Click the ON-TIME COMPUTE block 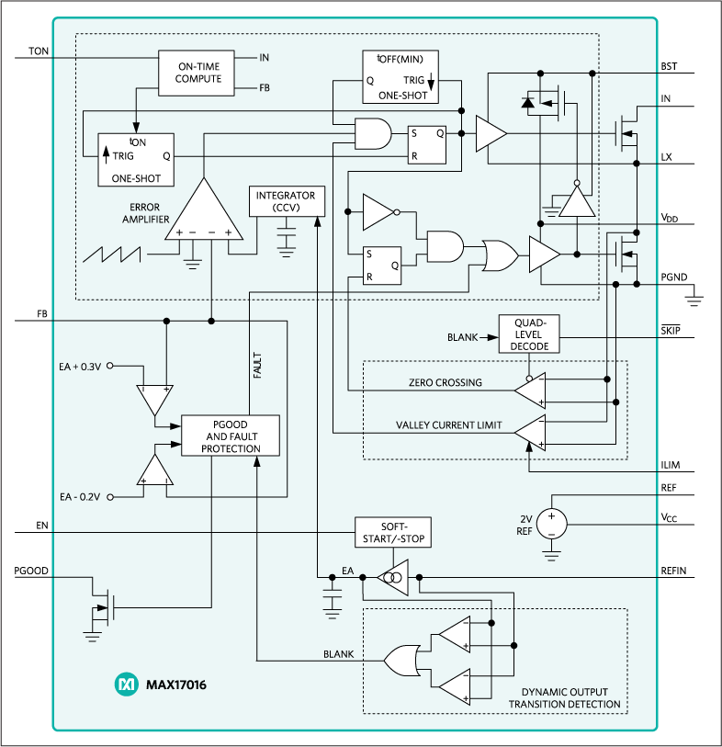click(x=198, y=73)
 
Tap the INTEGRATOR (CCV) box click(x=286, y=202)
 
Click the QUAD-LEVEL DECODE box click(x=528, y=334)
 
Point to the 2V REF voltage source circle click(x=551, y=525)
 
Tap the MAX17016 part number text click(x=175, y=685)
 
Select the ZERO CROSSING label click(x=446, y=382)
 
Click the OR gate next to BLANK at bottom click(x=401, y=659)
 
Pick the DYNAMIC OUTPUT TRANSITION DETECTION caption click(x=564, y=698)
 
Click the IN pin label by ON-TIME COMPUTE click(x=265, y=58)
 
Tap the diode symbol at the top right click(x=528, y=103)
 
